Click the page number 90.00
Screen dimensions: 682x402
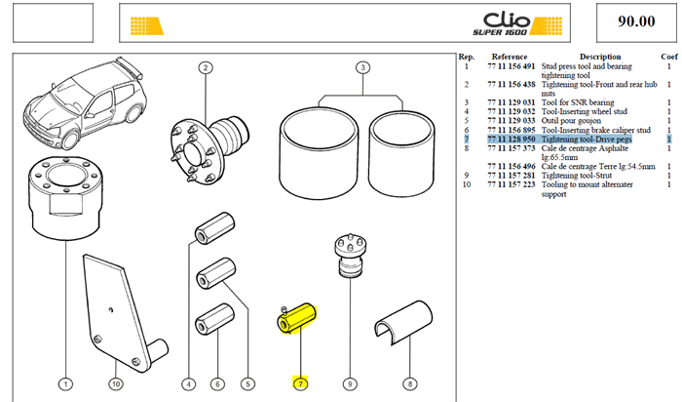[636, 21]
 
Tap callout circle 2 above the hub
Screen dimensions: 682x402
[206, 68]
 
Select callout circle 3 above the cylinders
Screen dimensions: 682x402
[362, 68]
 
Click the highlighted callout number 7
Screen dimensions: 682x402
[300, 383]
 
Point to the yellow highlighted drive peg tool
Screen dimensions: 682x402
[296, 320]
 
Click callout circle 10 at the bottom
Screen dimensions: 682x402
[115, 383]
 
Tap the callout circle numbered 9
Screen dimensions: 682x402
[350, 383]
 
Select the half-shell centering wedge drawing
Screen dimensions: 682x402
[403, 322]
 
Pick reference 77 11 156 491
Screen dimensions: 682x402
[511, 66]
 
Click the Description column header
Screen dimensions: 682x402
[600, 57]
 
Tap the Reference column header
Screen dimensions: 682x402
[510, 57]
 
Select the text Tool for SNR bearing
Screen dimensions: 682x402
[578, 102]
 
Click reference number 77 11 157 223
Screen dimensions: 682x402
[511, 184]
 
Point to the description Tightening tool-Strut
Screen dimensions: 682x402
[577, 175]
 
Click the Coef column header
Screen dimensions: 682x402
[669, 57]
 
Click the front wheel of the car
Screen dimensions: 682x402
[69, 139]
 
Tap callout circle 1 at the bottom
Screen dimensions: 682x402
[65, 383]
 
